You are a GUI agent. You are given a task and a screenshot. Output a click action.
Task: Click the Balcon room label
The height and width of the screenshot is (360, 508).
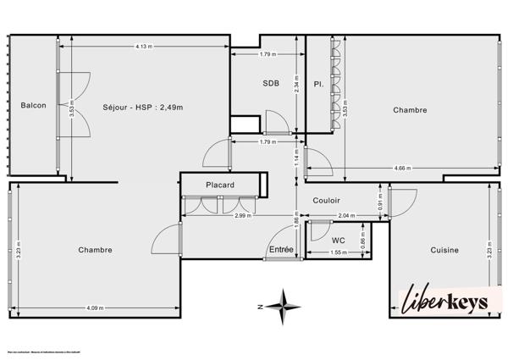point(33,106)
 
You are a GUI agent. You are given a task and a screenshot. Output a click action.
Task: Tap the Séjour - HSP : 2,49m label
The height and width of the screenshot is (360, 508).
point(143,107)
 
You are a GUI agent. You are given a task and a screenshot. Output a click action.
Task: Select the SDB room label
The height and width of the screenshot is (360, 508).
point(271,83)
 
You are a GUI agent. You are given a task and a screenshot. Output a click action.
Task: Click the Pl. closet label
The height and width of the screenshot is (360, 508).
point(318,85)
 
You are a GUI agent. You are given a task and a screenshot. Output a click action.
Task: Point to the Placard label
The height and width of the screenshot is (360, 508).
point(219,185)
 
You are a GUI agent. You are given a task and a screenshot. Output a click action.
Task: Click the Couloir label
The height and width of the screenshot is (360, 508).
point(326,201)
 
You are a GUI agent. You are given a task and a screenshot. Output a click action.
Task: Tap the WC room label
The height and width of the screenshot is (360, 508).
point(339,240)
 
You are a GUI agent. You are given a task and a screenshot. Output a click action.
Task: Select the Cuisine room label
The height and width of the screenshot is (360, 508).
point(444,250)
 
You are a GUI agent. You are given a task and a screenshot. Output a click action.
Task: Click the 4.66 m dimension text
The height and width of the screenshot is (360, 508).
point(402,169)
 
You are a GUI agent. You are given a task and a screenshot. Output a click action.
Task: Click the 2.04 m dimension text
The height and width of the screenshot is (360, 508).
point(345,217)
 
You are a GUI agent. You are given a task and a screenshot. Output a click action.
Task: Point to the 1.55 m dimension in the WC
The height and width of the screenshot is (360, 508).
point(339,253)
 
